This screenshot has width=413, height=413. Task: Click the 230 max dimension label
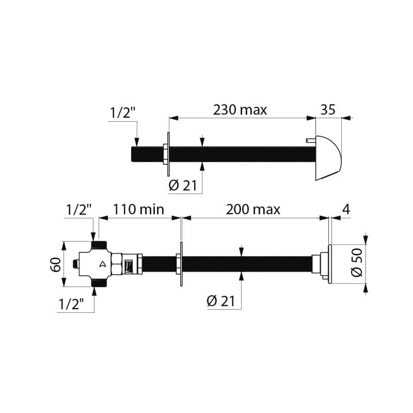click(x=240, y=109)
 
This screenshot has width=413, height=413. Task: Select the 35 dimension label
click(x=328, y=109)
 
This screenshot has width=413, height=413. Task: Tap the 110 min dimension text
click(x=138, y=210)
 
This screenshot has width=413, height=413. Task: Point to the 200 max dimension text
click(x=253, y=210)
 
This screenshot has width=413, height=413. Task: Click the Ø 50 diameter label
click(x=357, y=262)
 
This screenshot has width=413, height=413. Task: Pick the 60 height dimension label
click(x=56, y=264)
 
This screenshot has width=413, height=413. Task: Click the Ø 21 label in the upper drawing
click(x=183, y=186)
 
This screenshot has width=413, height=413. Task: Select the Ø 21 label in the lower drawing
click(x=221, y=301)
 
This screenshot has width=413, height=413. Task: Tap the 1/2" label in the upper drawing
click(x=122, y=113)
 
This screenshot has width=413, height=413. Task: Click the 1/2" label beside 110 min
click(x=78, y=210)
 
